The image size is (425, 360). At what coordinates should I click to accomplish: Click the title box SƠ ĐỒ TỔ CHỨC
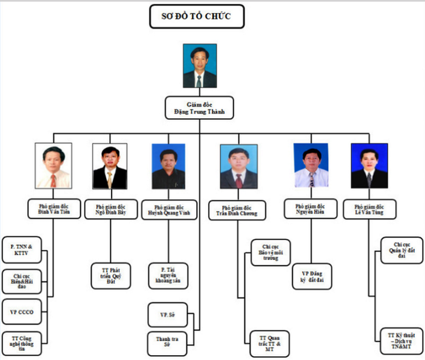(x=197, y=17)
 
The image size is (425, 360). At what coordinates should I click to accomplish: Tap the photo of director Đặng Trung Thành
(x=199, y=66)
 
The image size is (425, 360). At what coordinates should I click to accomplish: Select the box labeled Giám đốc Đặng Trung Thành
(x=199, y=108)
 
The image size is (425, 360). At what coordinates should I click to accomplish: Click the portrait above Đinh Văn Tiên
(x=53, y=166)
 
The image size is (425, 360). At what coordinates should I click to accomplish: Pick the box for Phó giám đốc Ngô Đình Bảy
(x=110, y=210)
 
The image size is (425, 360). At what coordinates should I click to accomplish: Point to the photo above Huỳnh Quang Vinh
(x=168, y=166)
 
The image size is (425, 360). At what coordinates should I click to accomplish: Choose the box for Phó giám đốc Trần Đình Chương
(x=238, y=210)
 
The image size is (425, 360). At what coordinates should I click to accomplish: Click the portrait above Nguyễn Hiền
(x=311, y=166)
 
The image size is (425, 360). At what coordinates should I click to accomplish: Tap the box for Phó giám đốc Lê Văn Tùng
(x=369, y=210)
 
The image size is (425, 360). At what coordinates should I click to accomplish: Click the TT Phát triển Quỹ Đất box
(x=110, y=276)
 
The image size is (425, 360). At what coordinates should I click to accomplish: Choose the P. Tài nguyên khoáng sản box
(x=168, y=276)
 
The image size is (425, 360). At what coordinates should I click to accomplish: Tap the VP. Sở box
(x=168, y=315)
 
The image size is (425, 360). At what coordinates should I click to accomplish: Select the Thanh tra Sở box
(x=168, y=343)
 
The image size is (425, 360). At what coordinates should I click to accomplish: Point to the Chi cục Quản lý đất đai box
(x=402, y=250)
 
